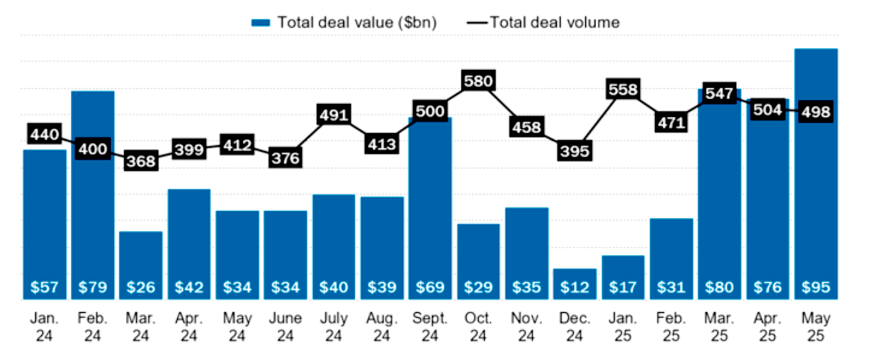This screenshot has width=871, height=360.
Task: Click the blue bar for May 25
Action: pos(815,182)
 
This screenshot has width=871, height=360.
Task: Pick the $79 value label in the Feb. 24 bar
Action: pos(93,287)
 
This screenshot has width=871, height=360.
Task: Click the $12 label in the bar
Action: pos(574,287)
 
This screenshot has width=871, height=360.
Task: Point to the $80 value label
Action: pos(719,287)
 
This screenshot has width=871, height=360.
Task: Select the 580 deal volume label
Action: pos(478,81)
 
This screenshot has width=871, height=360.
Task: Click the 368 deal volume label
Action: pos(141,161)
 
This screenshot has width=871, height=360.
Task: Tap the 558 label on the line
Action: pos(623,90)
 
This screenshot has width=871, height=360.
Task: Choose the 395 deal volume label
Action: pos(574,151)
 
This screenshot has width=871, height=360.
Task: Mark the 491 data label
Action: pos(334,115)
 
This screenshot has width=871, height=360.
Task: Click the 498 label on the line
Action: pos(815,113)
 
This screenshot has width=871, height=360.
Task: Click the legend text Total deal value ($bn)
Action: pos(357,22)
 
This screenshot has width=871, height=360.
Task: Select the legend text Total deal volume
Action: pos(554,22)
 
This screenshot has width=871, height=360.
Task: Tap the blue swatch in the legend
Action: pos(260,23)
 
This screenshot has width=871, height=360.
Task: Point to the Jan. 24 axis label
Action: pos(44,326)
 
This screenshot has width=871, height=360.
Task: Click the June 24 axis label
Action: pos(285,326)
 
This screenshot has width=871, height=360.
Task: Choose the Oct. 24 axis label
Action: pos(478,326)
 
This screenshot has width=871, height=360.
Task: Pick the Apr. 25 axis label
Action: pos(767,326)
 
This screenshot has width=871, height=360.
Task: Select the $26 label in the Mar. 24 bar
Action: pos(141,287)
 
